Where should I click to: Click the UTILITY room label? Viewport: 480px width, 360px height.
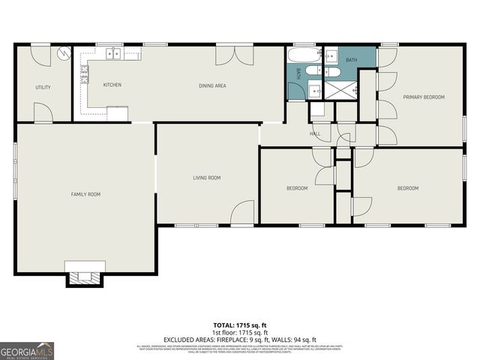pyautogui.click(x=43, y=88)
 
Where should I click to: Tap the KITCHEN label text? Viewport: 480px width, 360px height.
pyautogui.click(x=112, y=85)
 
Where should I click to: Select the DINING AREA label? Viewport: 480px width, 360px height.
pyautogui.click(x=212, y=85)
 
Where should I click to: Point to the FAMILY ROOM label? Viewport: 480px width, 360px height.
pyautogui.click(x=85, y=194)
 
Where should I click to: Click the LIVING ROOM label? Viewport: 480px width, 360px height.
pyautogui.click(x=207, y=178)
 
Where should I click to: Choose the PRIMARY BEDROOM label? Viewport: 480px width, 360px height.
pyautogui.click(x=424, y=97)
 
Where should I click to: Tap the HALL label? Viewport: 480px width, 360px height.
pyautogui.click(x=315, y=134)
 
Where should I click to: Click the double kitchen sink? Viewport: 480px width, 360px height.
pyautogui.click(x=112, y=52)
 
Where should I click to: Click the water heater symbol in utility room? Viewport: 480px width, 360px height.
pyautogui.click(x=64, y=53)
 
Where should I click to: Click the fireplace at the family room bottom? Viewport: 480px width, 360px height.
pyautogui.click(x=82, y=275)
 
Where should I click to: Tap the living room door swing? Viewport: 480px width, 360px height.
pyautogui.click(x=242, y=213)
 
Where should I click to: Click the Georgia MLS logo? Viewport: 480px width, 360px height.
pyautogui.click(x=27, y=350)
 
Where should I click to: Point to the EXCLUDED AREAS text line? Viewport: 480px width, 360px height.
pyautogui.click(x=239, y=340)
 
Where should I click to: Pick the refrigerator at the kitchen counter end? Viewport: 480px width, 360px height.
pyautogui.click(x=117, y=112)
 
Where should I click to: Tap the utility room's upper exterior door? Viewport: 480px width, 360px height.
pyautogui.click(x=40, y=53)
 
